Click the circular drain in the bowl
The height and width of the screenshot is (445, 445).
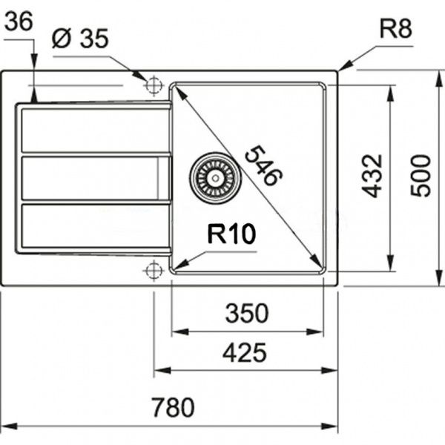pyautogui.click(x=215, y=176)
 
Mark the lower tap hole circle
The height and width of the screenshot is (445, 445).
pyautogui.click(x=154, y=270)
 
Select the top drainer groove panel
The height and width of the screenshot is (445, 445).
pyautogui.click(x=93, y=131)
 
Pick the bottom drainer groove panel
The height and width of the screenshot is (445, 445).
pyautogui.click(x=93, y=226)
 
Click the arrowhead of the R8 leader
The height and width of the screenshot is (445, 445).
pyautogui.click(x=342, y=68)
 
